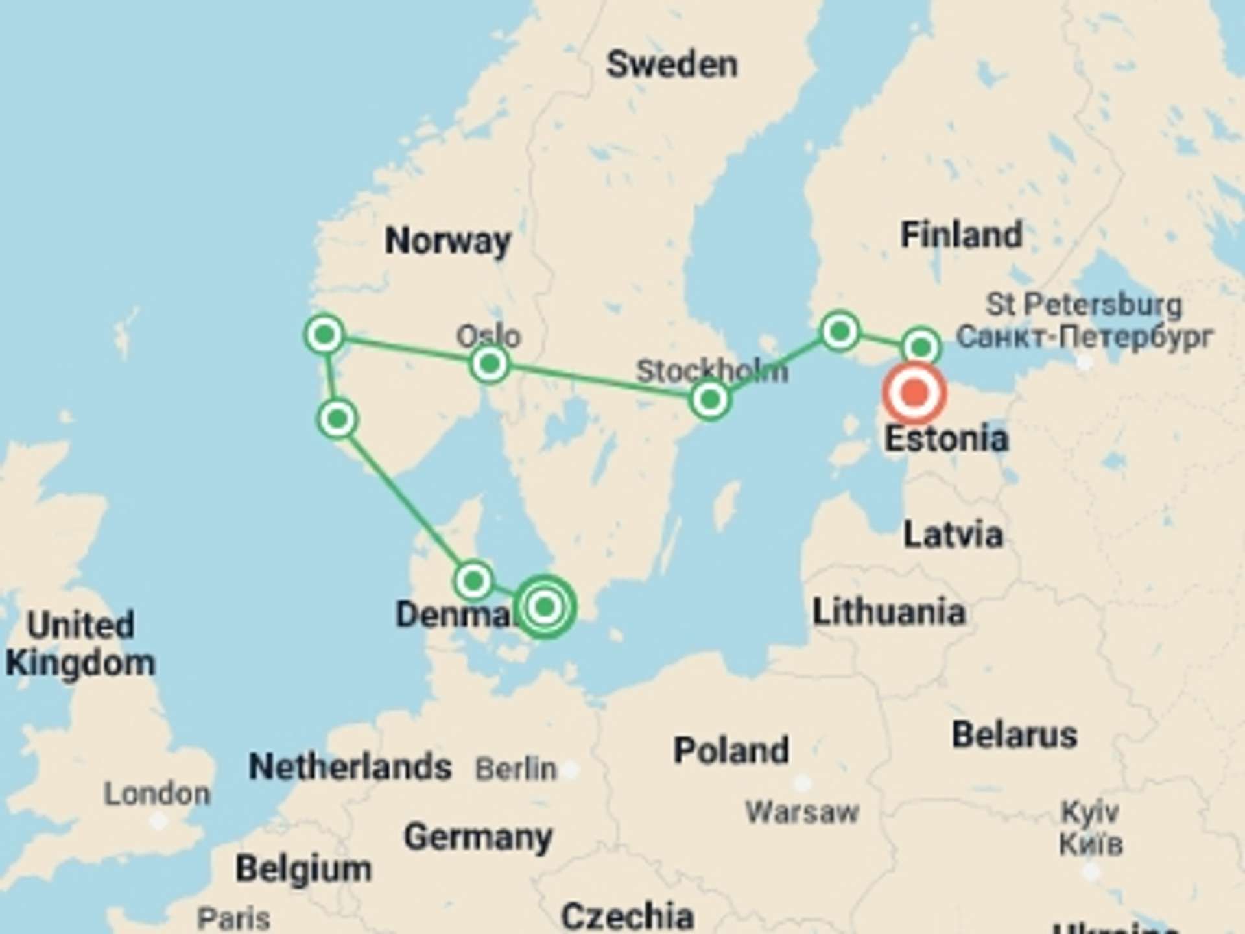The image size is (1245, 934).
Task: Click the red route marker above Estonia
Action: point(914,393)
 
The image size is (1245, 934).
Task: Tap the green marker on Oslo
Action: point(490,363)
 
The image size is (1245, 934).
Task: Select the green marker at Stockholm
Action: point(710,399)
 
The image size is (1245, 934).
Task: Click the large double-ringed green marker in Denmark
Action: point(545,607)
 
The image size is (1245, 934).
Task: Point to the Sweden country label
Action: point(672,65)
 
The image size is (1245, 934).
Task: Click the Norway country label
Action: point(447,241)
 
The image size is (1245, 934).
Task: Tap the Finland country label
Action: point(961,235)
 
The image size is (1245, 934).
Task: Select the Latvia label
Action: point(953,535)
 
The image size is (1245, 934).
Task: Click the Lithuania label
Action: point(889,612)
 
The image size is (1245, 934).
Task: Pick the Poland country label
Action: point(731,750)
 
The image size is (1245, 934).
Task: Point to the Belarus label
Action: point(1014,735)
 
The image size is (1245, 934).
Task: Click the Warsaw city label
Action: point(802,812)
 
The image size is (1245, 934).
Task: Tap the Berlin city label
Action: point(516,769)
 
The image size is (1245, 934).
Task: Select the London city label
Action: point(158,794)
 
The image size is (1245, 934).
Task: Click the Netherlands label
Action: point(350,767)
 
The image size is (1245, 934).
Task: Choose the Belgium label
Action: point(303,868)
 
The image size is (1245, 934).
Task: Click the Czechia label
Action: point(627,916)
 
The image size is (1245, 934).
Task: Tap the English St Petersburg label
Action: point(1084,304)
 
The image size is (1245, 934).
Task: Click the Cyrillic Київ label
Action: point(1091,844)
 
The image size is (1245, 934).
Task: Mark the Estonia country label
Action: point(947,439)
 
